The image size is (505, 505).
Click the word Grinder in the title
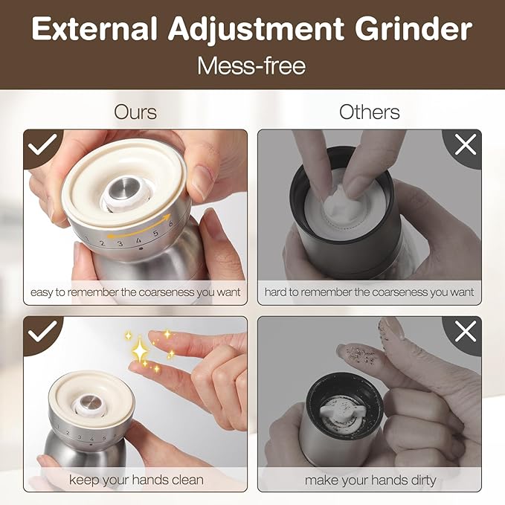414,29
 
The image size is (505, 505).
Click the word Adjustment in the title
256,30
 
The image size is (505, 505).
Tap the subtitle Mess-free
251,65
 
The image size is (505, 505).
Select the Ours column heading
135,112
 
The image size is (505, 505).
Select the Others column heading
370,112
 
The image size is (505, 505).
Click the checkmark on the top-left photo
42,144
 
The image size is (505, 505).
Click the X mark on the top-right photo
466,144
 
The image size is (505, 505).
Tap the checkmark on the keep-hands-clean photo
42,331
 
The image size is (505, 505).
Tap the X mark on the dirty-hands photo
466,332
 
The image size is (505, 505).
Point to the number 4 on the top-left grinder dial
138,240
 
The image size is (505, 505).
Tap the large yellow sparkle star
140,350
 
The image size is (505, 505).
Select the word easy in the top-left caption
42,293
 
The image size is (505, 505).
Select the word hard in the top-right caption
275,292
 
